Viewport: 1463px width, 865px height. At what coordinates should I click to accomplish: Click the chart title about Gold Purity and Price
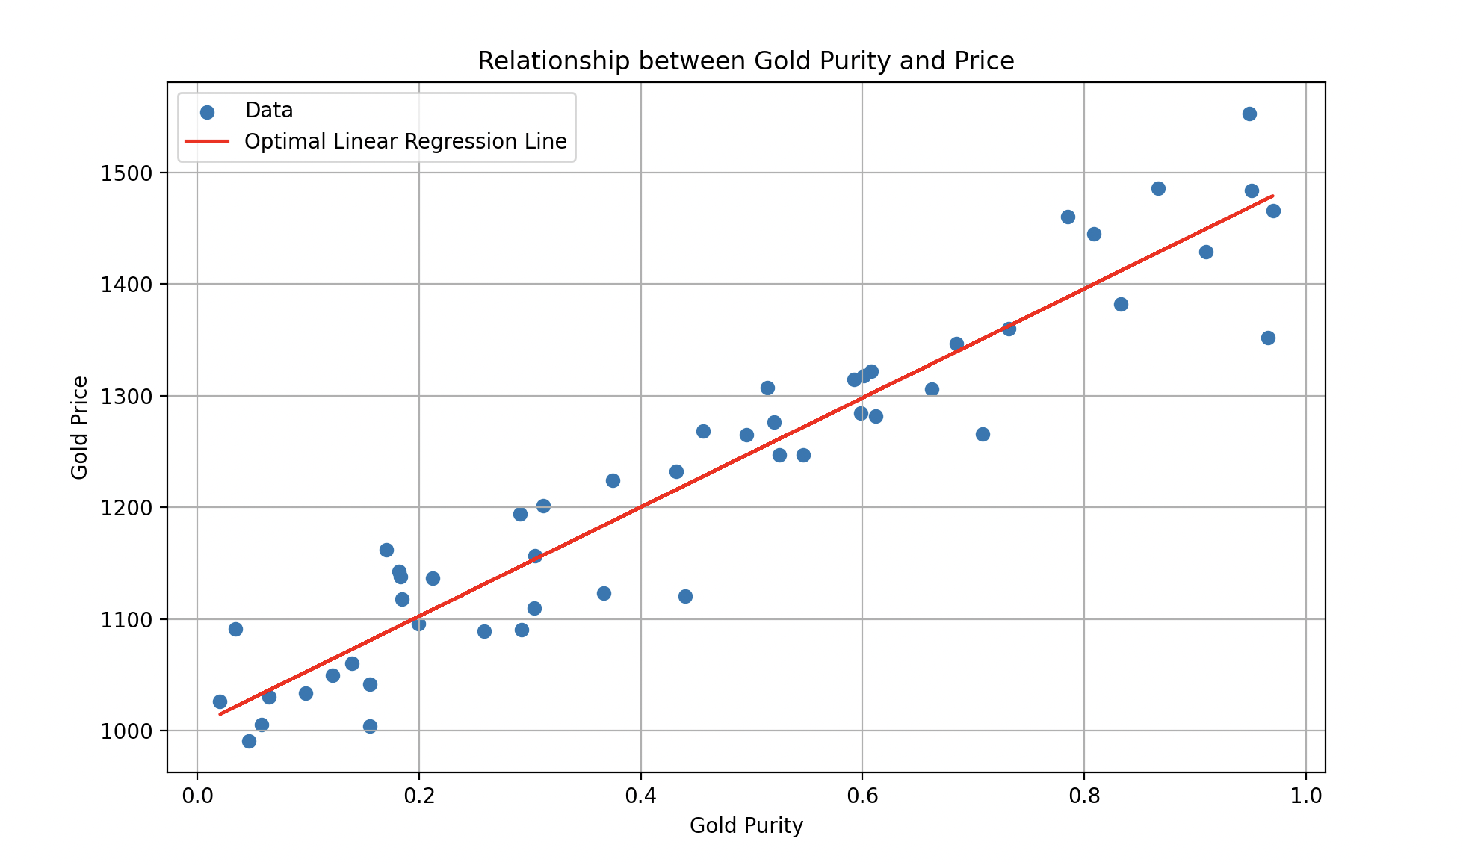pyautogui.click(x=746, y=61)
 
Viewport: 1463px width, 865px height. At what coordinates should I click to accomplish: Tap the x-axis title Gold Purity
pyautogui.click(x=746, y=826)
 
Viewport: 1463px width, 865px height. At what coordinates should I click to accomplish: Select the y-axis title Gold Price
pyautogui.click(x=80, y=427)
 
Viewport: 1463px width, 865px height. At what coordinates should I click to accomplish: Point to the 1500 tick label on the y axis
pyautogui.click(x=126, y=173)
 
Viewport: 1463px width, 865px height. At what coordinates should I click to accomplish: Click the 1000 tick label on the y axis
pyautogui.click(x=126, y=731)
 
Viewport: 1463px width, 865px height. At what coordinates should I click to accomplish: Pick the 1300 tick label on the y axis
pyautogui.click(x=126, y=397)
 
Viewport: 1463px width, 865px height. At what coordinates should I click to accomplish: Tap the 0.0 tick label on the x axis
pyautogui.click(x=197, y=796)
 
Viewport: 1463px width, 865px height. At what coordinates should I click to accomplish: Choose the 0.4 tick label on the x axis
pyautogui.click(x=640, y=796)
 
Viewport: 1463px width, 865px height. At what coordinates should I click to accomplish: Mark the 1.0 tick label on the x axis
pyautogui.click(x=1305, y=796)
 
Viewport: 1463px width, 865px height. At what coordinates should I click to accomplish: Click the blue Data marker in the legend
pyautogui.click(x=208, y=112)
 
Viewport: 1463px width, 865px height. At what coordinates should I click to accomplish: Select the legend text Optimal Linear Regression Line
pyautogui.click(x=406, y=142)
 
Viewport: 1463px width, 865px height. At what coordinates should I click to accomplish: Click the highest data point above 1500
pyautogui.click(x=1249, y=114)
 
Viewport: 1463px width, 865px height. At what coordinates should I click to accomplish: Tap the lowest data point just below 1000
pyautogui.click(x=249, y=741)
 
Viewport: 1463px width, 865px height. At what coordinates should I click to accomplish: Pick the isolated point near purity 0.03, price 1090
pyautogui.click(x=235, y=629)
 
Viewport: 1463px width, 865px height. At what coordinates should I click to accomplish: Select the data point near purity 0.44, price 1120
pyautogui.click(x=685, y=596)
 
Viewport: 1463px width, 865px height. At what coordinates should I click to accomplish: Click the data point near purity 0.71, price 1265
pyautogui.click(x=983, y=434)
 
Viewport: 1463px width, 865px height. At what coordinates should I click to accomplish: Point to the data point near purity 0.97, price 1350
pyautogui.click(x=1268, y=338)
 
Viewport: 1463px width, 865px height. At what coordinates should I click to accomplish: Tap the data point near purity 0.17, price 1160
pyautogui.click(x=386, y=550)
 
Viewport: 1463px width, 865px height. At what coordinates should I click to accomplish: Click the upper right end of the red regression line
pyautogui.click(x=1272, y=196)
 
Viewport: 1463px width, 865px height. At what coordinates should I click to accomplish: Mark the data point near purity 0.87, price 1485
pyautogui.click(x=1158, y=188)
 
